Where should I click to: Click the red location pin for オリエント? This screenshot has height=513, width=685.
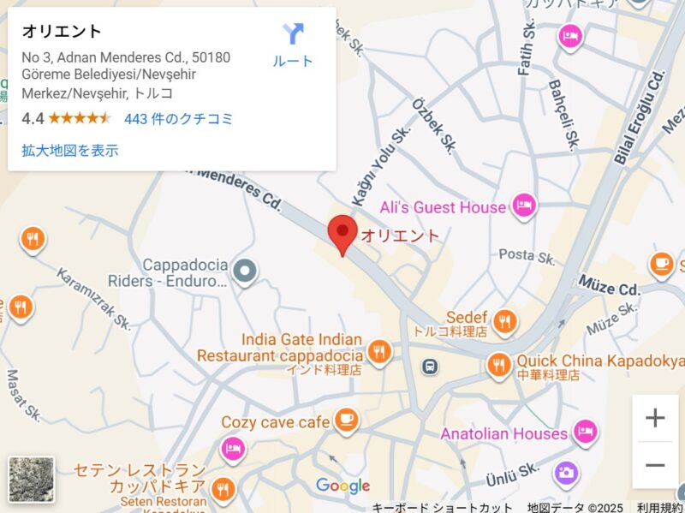point(342,232)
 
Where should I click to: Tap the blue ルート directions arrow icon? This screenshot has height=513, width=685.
point(293,35)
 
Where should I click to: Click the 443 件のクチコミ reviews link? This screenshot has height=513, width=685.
point(178,119)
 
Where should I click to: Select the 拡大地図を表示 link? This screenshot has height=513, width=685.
point(70,151)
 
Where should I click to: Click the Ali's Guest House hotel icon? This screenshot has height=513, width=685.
point(523,205)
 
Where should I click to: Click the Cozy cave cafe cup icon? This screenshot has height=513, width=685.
point(345,419)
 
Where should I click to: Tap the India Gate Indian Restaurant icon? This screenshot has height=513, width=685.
point(378,350)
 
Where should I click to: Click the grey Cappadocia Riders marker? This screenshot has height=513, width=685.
point(246,271)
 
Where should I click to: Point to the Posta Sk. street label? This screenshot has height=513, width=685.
point(528,255)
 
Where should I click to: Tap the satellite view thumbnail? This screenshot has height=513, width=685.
point(31,479)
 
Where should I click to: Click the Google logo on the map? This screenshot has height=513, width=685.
point(342,486)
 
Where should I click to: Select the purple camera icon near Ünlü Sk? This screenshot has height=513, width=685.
point(565,472)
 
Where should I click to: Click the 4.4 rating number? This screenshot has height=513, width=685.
point(33,119)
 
